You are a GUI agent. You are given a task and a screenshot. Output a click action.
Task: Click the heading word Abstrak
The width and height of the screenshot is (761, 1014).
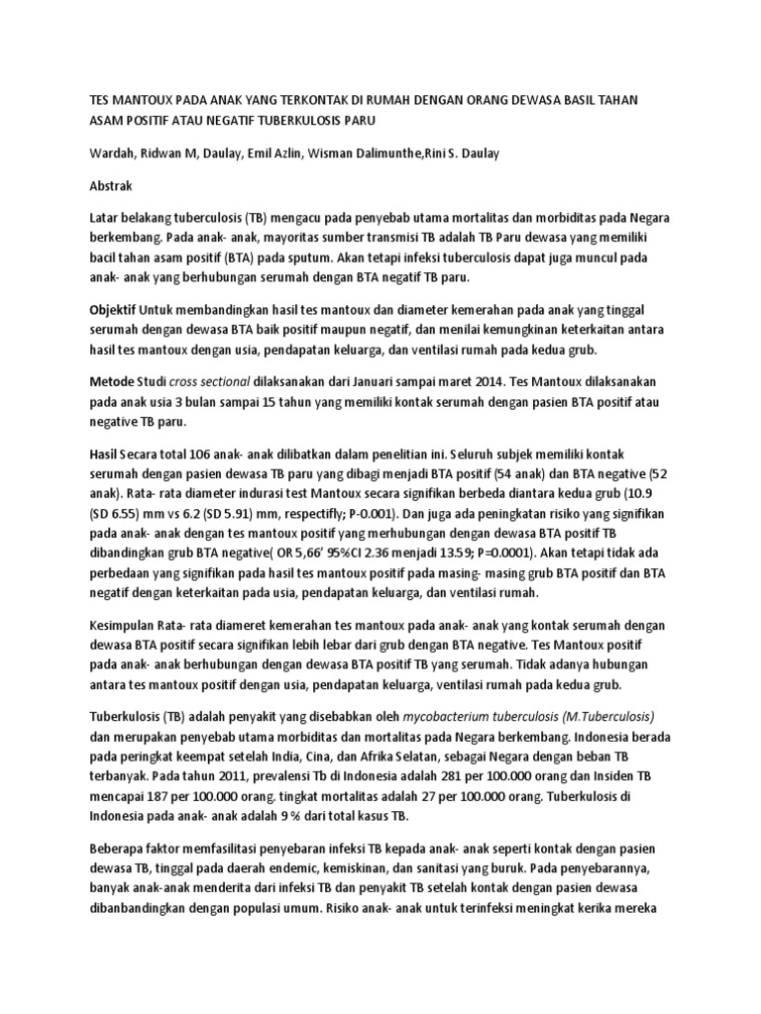tap(117, 185)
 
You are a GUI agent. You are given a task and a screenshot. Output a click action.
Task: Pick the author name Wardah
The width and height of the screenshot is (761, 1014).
tap(112, 153)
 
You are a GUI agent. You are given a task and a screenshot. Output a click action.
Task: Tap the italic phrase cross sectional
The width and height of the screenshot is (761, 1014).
tap(209, 381)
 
